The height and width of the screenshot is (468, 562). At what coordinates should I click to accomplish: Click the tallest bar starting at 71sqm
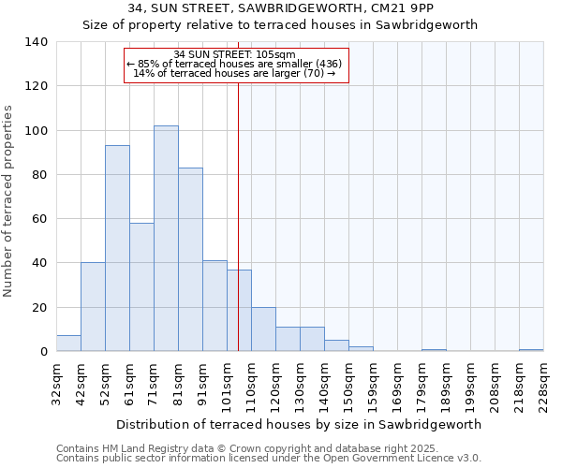point(166,239)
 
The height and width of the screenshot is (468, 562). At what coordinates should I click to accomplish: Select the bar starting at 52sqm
point(117,248)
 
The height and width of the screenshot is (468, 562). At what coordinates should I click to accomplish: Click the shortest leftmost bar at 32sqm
point(68,344)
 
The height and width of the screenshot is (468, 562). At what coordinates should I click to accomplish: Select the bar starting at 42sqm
point(93,307)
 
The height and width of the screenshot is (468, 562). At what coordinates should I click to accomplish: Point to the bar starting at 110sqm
point(263,329)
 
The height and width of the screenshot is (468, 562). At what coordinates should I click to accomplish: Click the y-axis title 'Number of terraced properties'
point(9,200)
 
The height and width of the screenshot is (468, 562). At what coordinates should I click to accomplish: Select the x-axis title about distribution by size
point(299,424)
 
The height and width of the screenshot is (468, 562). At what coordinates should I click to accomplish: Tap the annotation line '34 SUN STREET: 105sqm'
point(235,54)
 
